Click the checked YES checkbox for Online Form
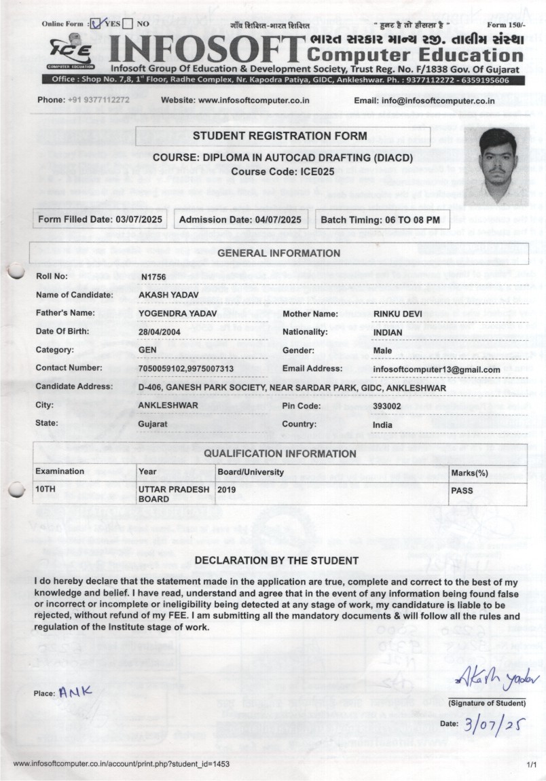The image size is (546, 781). click(96, 24)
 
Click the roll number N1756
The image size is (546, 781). click(153, 276)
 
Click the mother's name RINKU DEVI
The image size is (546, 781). click(397, 314)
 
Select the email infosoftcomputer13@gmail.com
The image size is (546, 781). click(436, 369)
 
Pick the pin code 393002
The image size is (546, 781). click(387, 406)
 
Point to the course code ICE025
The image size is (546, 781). click(316, 172)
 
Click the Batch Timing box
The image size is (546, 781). click(380, 220)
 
